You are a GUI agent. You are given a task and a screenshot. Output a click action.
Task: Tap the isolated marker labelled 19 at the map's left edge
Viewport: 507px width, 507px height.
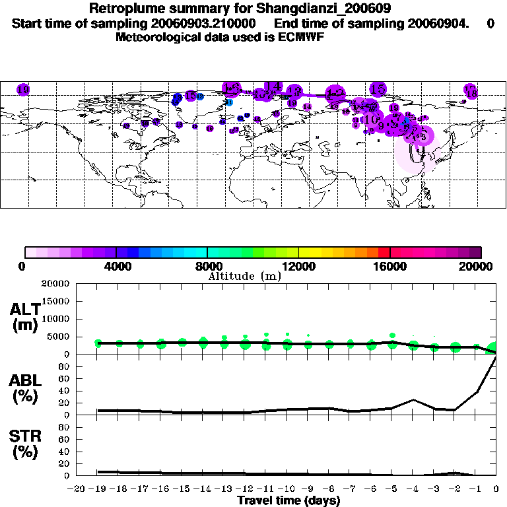coord(23,89)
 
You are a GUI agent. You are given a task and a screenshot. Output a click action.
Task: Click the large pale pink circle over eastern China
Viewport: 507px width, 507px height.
coord(416,155)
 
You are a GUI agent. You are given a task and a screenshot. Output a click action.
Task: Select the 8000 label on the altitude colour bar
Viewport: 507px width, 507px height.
coord(207,266)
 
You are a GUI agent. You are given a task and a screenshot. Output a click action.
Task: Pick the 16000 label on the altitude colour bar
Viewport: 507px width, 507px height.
coord(389,266)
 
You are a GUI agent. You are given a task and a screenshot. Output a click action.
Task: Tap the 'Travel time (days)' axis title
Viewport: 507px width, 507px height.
coord(288,500)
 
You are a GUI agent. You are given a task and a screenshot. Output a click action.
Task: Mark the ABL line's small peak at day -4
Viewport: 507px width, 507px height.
coord(413,399)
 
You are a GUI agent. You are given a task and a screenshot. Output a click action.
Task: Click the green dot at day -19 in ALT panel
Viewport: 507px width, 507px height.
coord(98,343)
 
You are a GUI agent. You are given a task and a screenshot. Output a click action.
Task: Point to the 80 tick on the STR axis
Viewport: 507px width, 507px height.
coord(65,427)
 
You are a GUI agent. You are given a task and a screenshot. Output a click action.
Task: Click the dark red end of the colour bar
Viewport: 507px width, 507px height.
coord(477,252)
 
